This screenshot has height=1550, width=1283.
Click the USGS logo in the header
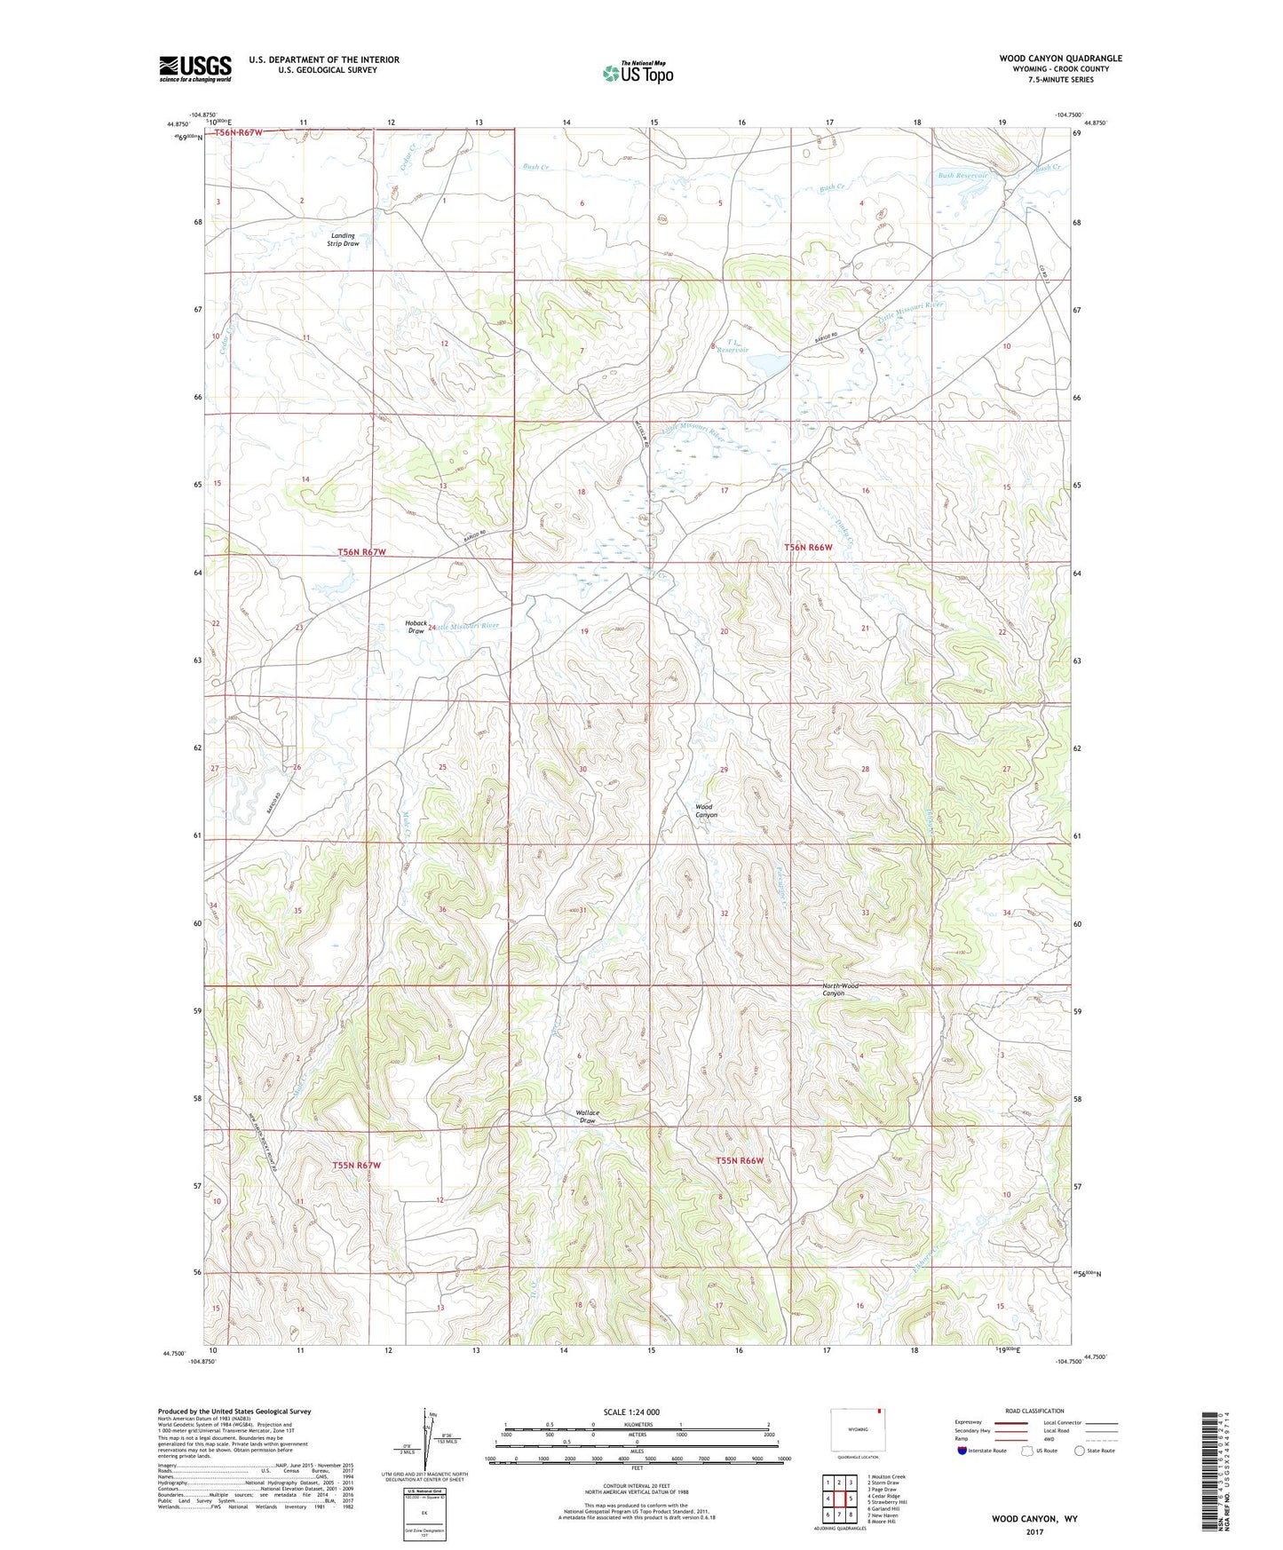tap(195, 68)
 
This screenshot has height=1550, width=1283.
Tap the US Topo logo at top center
tap(638, 73)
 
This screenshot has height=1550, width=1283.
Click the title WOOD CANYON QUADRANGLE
tap(1060, 59)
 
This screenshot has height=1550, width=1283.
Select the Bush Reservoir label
tap(962, 176)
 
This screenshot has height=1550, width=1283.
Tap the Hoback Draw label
tap(416, 627)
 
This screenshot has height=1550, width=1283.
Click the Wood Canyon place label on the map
tap(706, 811)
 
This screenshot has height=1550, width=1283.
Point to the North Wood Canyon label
tap(839, 989)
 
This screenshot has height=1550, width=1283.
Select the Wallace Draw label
tap(587, 1116)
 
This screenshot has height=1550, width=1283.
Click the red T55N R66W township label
tap(740, 1160)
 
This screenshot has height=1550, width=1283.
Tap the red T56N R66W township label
tap(808, 548)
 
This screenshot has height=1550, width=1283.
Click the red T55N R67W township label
tap(357, 1165)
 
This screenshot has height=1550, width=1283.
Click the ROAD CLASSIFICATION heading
tap(1034, 1411)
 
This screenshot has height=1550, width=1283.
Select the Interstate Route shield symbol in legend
tap(962, 1451)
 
